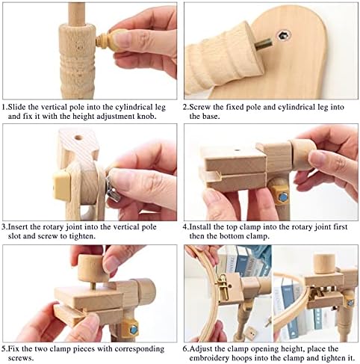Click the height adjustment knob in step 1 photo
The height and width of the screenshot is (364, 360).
[x=110, y=40]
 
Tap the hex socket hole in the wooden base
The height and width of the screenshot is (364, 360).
[x=284, y=35]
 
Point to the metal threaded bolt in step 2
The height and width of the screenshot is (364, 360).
[x=263, y=45]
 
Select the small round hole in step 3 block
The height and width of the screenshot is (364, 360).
[x=78, y=138]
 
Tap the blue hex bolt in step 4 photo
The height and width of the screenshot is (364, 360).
[x=282, y=197]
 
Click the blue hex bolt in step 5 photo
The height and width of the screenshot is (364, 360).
[x=134, y=330]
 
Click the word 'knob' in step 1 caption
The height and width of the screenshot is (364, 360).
[x=146, y=117]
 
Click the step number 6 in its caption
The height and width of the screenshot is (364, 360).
[x=185, y=349]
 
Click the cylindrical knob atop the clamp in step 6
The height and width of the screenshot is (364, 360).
[x=323, y=263]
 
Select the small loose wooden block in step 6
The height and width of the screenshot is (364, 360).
[x=251, y=333]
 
